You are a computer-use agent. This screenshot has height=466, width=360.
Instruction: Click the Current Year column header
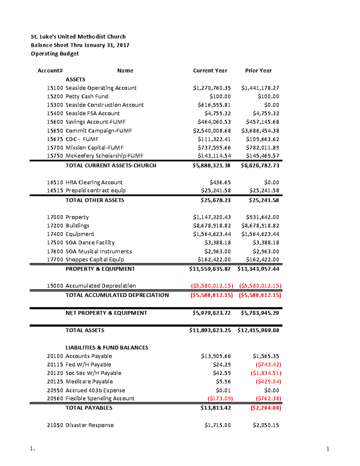click(x=210, y=71)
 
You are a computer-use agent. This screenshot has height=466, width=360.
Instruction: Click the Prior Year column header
click(x=258, y=71)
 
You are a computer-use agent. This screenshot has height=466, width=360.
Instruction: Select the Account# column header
click(x=50, y=71)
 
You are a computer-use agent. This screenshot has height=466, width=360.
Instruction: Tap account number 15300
click(x=55, y=105)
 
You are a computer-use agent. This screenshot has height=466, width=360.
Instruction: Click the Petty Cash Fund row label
click(x=87, y=96)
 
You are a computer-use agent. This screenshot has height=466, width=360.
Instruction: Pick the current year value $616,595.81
click(x=214, y=105)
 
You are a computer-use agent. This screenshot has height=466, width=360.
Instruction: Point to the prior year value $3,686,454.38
click(x=260, y=131)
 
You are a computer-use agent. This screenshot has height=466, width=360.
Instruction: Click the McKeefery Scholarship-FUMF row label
click(x=104, y=156)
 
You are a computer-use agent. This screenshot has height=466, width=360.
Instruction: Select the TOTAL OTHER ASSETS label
click(x=95, y=200)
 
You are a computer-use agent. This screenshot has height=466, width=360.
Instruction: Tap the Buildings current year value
click(x=212, y=226)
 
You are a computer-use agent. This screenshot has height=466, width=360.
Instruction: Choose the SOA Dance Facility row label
click(x=90, y=242)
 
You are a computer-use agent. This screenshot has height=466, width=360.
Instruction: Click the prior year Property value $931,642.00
click(x=262, y=217)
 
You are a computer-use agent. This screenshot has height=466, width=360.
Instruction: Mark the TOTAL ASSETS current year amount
click(x=210, y=330)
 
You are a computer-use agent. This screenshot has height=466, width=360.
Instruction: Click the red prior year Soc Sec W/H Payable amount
click(x=266, y=373)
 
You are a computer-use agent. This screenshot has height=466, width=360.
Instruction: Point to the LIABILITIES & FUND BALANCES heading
click(x=107, y=347)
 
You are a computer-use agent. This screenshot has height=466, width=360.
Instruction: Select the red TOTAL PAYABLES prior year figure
click(x=266, y=408)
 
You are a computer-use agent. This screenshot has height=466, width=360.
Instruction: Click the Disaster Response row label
click(x=89, y=425)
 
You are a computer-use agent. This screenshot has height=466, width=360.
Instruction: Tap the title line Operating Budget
click(x=55, y=54)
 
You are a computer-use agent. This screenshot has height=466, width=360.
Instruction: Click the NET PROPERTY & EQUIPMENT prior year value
click(x=260, y=313)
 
